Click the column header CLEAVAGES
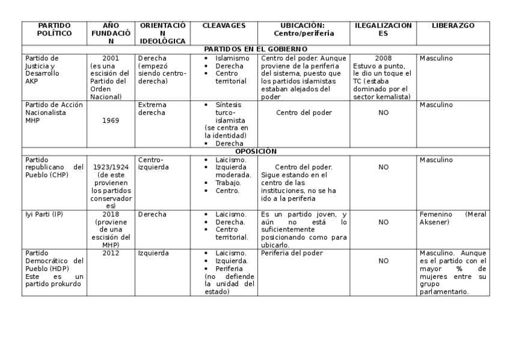coord(224,26)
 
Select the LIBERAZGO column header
coord(453,26)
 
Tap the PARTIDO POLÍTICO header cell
coord(54,30)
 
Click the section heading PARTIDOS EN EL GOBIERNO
coord(256,49)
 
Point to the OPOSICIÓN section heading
coord(256,151)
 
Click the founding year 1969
coord(111,120)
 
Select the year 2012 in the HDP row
coord(111,253)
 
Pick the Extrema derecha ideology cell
coord(152,109)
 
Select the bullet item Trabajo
coord(228,183)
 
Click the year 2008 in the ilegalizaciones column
coord(383,58)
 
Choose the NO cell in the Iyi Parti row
coord(383,222)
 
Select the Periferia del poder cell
coord(292,253)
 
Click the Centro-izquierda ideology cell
coord(153,163)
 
